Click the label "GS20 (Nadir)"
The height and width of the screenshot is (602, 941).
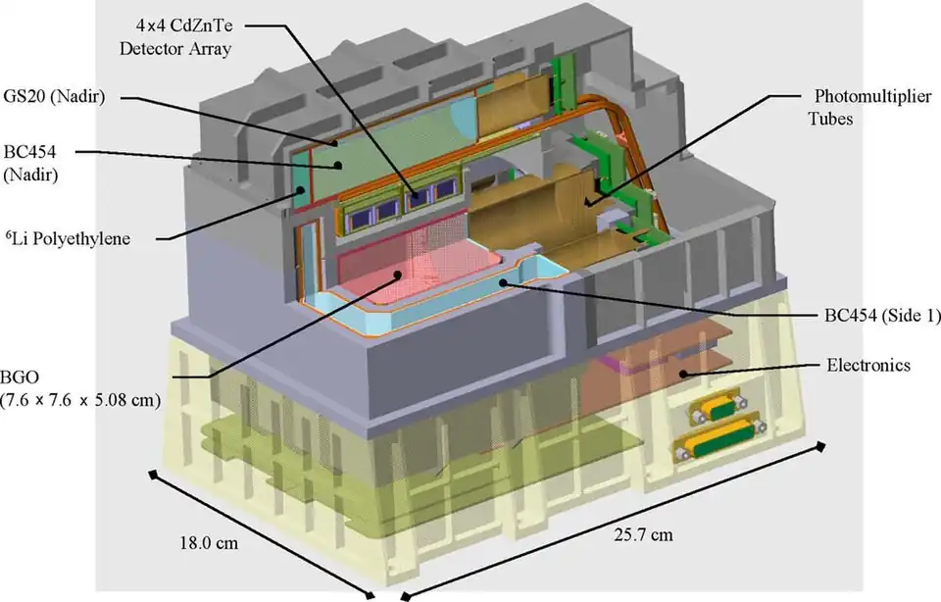pyautogui.click(x=54, y=97)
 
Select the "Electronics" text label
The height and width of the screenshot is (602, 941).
pyautogui.click(x=868, y=365)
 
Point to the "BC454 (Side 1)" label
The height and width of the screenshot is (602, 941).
pyautogui.click(x=882, y=315)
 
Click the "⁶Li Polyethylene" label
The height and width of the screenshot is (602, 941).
pyautogui.click(x=68, y=238)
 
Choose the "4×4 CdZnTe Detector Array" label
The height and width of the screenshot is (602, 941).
pyautogui.click(x=175, y=36)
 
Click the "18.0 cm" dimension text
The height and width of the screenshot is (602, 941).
pyautogui.click(x=209, y=543)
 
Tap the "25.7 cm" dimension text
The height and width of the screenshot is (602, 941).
pyautogui.click(x=643, y=534)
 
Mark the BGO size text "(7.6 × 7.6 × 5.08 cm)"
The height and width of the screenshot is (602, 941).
pyautogui.click(x=80, y=400)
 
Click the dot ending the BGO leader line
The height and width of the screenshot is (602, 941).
pyautogui.click(x=397, y=275)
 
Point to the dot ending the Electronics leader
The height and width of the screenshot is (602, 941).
pyautogui.click(x=683, y=374)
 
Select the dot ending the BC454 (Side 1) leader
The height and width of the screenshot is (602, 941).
pyautogui.click(x=503, y=282)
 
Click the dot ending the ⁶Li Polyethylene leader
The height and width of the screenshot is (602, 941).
pyautogui.click(x=300, y=191)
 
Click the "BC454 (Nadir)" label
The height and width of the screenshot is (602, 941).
pyautogui.click(x=30, y=163)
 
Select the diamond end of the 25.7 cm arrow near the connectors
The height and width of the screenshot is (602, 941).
pyautogui.click(x=819, y=446)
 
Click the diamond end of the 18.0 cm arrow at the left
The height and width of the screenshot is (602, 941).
pyautogui.click(x=154, y=475)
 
